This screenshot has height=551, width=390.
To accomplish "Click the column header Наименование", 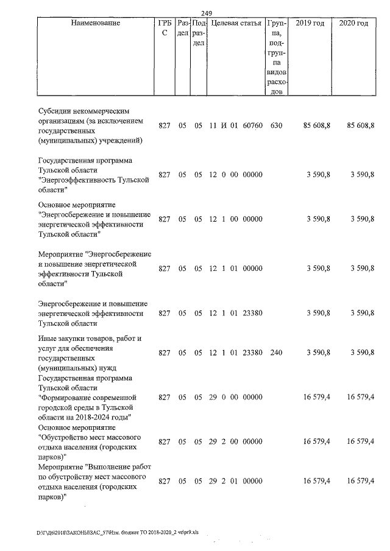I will tap(91, 23).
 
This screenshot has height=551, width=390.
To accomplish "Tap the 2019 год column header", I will tap(310, 23).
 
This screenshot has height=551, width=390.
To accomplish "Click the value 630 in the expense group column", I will tap(276, 125).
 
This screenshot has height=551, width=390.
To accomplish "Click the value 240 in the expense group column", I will tap(276, 353).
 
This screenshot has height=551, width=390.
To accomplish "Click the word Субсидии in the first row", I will tap(55, 111).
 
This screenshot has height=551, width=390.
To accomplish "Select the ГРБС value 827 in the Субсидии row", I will tap(164, 125).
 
